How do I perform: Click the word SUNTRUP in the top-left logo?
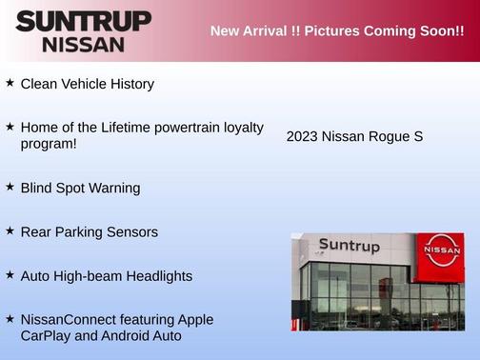(84, 21)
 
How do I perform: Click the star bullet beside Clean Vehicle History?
(10, 83)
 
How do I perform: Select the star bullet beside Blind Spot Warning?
(10, 187)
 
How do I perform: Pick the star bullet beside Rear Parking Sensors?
(10, 230)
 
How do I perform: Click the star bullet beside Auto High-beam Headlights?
(10, 274)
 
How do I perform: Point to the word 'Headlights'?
(159, 275)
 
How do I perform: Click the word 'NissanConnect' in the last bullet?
(69, 319)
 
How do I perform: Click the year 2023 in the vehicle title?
(302, 136)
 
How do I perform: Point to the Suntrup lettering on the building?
(349, 246)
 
